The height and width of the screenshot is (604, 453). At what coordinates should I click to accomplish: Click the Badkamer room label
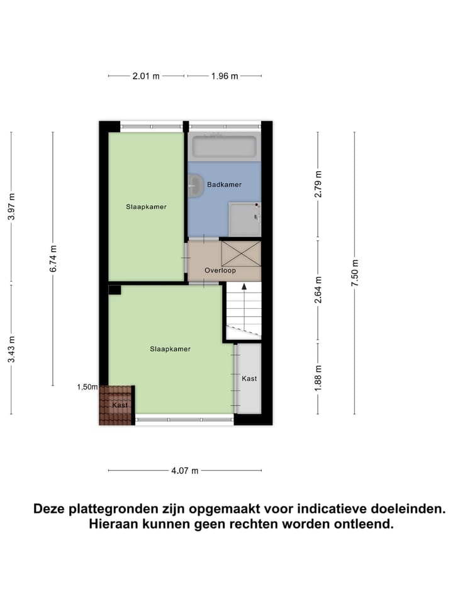point(224,184)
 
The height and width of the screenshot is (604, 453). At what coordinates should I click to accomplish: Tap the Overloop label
point(220,271)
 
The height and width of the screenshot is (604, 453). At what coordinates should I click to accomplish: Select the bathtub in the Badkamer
point(224,147)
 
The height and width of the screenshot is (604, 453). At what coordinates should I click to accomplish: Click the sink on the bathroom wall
point(195,185)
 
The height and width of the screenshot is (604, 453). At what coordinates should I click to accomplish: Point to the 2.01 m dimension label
point(146,76)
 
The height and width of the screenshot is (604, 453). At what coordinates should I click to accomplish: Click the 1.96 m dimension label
point(225,76)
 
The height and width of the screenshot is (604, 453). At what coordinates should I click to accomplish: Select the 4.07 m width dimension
point(185,471)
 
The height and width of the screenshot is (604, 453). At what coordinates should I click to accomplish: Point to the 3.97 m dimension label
point(11,206)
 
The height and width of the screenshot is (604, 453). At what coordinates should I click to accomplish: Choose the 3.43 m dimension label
point(11,349)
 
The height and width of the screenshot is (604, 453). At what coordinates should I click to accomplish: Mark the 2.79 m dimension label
point(318,185)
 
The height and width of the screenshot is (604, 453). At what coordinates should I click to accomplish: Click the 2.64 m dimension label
point(318,290)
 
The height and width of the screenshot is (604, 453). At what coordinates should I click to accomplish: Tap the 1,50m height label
point(87,387)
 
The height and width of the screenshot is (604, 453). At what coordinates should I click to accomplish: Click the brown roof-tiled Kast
point(116,405)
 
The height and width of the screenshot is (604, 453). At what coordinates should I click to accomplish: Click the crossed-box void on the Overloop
point(240,253)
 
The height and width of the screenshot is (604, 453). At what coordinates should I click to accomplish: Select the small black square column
point(114,290)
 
